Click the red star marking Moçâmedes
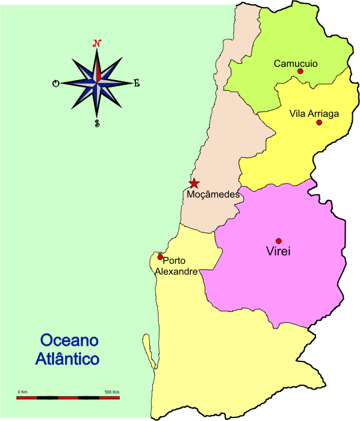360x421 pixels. click(x=194, y=183)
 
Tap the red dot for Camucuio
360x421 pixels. click(x=300, y=71)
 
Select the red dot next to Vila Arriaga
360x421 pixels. click(x=319, y=122)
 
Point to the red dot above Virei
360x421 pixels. click(x=279, y=241)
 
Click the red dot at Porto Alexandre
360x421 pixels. click(x=160, y=257)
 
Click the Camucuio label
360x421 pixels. click(x=296, y=63)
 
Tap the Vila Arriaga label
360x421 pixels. click(x=314, y=113)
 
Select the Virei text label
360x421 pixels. click(x=278, y=252)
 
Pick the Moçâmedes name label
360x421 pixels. click(x=213, y=195)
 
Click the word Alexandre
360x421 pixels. click(x=176, y=272)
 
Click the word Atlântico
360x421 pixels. click(x=67, y=360)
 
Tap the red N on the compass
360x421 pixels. click(x=96, y=43)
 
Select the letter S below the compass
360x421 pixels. click(x=97, y=123)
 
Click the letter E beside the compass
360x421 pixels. click(x=137, y=84)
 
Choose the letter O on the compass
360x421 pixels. click(x=56, y=84)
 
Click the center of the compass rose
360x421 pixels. click(x=96, y=83)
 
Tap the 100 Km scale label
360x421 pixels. click(x=111, y=392)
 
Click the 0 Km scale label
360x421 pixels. click(x=23, y=392)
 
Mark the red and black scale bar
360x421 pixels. click(x=68, y=398)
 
